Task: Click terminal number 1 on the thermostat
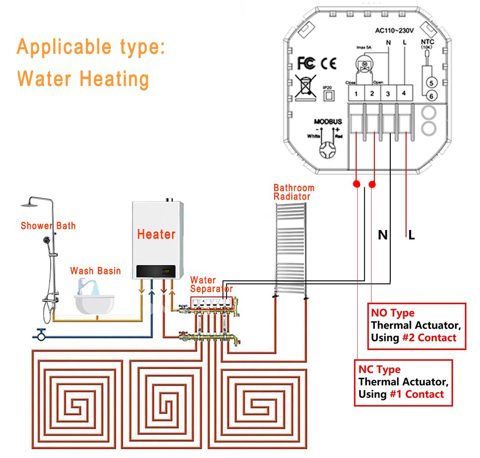click(356, 93)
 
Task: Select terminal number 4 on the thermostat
click(404, 93)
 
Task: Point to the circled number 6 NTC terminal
click(431, 96)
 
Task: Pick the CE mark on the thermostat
click(329, 63)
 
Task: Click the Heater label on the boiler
click(156, 234)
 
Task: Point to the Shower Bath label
click(48, 225)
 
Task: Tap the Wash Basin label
click(96, 271)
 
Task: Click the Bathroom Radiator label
click(294, 192)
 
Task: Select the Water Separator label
click(211, 284)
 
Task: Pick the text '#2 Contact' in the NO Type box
click(429, 337)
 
